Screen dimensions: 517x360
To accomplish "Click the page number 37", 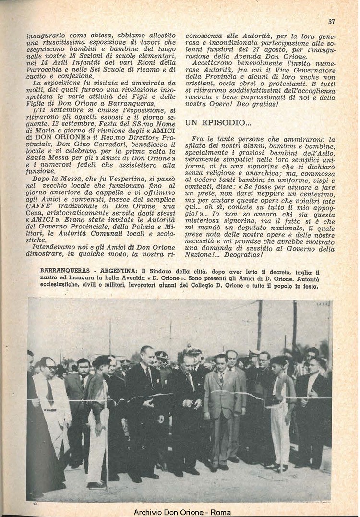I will coord(331,21).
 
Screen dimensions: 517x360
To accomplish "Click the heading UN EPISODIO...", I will coord(217,123).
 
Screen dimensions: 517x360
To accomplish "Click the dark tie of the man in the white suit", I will coord(50,391).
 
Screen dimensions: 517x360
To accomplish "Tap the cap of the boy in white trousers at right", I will coord(279,360).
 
